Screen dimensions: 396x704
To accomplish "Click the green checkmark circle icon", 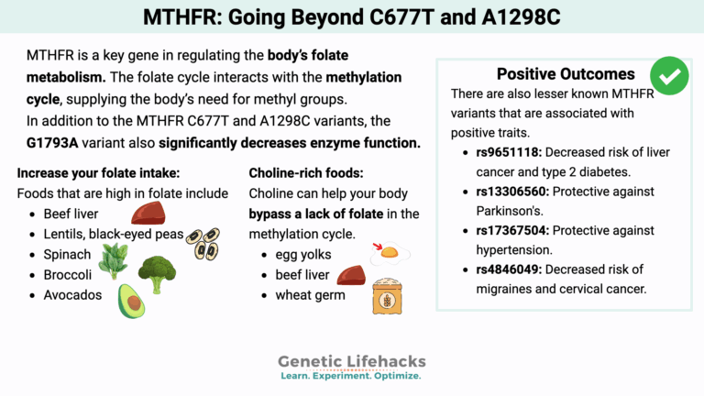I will [669, 76].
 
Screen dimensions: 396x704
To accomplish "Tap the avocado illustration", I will [133, 300].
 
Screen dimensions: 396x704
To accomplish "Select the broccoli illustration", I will [157, 272].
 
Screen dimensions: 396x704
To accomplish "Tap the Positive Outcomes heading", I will [565, 74].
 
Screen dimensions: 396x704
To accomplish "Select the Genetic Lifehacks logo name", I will [351, 362].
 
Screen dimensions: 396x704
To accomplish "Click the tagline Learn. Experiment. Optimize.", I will [351, 377].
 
